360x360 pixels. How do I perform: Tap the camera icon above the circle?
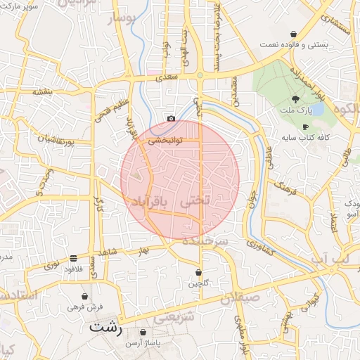pyautogui.click(x=171, y=119)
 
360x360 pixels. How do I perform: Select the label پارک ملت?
pyautogui.click(x=295, y=111)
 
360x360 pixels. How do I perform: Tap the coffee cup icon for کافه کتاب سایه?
pyautogui.click(x=305, y=127)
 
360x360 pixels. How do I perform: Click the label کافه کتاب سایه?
pyautogui.click(x=304, y=137)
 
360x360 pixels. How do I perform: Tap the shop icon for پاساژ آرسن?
pyautogui.click(x=143, y=333)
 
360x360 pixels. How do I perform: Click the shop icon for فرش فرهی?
pyautogui.click(x=85, y=297)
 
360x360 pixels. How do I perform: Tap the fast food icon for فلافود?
pyautogui.click(x=74, y=258)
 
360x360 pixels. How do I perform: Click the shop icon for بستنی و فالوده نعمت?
pyautogui.click(x=293, y=34)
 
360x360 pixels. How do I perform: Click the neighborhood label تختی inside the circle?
pyautogui.click(x=195, y=200)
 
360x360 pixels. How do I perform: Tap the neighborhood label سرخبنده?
pyautogui.click(x=205, y=241)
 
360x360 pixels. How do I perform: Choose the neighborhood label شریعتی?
pyautogui.click(x=171, y=317)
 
